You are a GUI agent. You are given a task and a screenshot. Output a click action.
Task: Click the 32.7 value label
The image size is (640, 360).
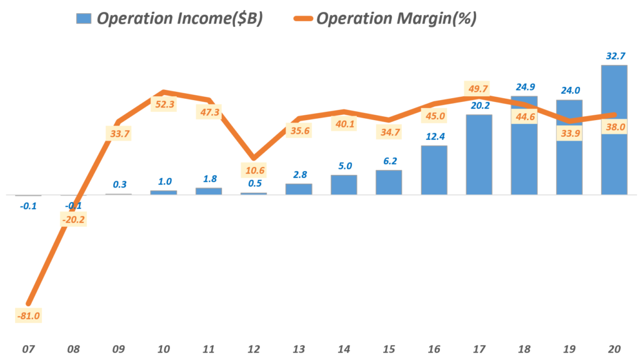point(613,56)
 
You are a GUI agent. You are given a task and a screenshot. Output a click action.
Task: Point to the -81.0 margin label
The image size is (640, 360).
point(28,316)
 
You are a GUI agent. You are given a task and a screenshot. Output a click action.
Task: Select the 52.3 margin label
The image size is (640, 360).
point(164,104)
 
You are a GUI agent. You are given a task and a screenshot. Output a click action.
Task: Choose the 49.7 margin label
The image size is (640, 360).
point(479,89)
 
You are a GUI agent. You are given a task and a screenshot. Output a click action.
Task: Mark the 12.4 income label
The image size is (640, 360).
point(434,137)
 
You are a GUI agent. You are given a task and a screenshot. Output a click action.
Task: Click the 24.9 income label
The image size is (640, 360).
point(523,87)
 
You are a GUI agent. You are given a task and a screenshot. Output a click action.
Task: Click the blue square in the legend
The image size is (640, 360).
point(83,19)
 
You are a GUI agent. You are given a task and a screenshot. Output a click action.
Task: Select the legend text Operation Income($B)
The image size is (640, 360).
point(179,19)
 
